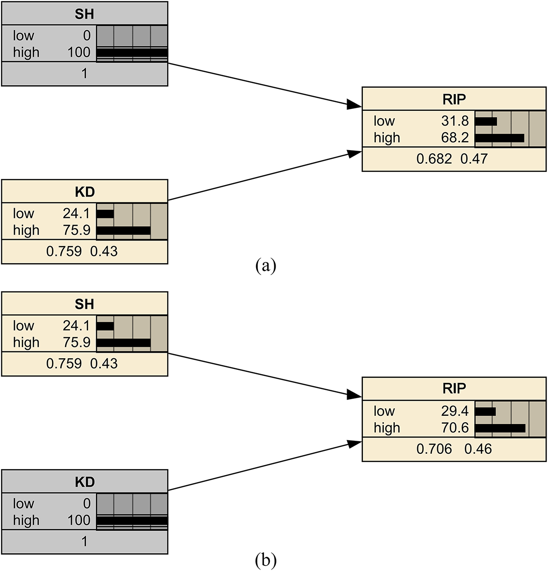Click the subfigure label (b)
pos(265,560)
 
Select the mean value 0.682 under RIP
pos(434,159)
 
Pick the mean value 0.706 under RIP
pos(434,449)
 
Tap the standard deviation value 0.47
pos(474,159)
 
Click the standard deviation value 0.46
pos(478,449)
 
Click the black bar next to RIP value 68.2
pos(499,138)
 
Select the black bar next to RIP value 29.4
pos(485,412)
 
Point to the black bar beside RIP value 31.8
pos(486,121)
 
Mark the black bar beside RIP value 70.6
pos(500,428)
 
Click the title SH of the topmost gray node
pos(84,14)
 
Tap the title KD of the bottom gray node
pos(84,482)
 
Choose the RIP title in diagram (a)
pos(454,99)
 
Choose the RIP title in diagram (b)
pos(454,388)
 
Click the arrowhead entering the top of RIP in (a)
pos(354,106)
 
